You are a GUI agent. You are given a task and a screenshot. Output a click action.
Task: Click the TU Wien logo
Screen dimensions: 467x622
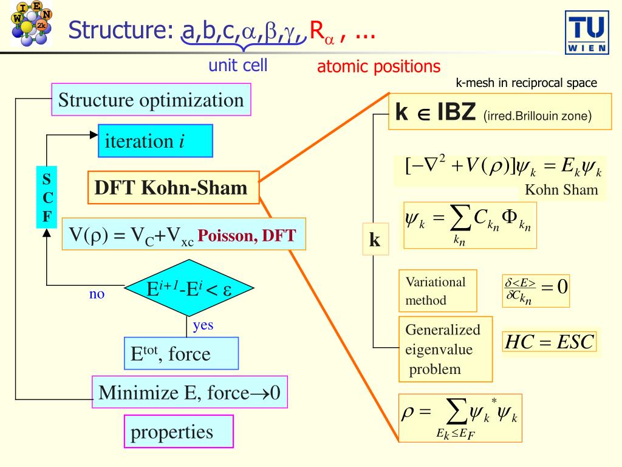(586, 32)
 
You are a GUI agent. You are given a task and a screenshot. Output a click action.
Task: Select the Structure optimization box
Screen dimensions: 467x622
(151, 100)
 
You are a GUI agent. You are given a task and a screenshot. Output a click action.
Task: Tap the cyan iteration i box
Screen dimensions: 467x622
(155, 141)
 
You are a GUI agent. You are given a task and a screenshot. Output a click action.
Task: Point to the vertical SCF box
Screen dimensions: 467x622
(47, 198)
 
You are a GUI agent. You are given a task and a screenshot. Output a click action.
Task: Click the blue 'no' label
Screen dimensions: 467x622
(97, 295)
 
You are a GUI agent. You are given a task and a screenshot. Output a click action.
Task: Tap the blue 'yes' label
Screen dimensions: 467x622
(203, 325)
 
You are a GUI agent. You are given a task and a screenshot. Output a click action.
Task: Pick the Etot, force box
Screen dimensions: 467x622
(181, 353)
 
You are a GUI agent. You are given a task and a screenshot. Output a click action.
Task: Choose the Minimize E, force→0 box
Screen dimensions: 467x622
(189, 392)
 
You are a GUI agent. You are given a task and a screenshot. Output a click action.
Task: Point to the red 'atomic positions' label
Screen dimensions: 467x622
(378, 66)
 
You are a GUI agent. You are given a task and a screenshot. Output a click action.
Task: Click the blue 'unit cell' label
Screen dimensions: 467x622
(238, 65)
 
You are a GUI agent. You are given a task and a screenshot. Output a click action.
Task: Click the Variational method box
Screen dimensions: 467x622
(436, 291)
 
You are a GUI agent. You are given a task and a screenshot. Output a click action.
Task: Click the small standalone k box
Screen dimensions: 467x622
(375, 241)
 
